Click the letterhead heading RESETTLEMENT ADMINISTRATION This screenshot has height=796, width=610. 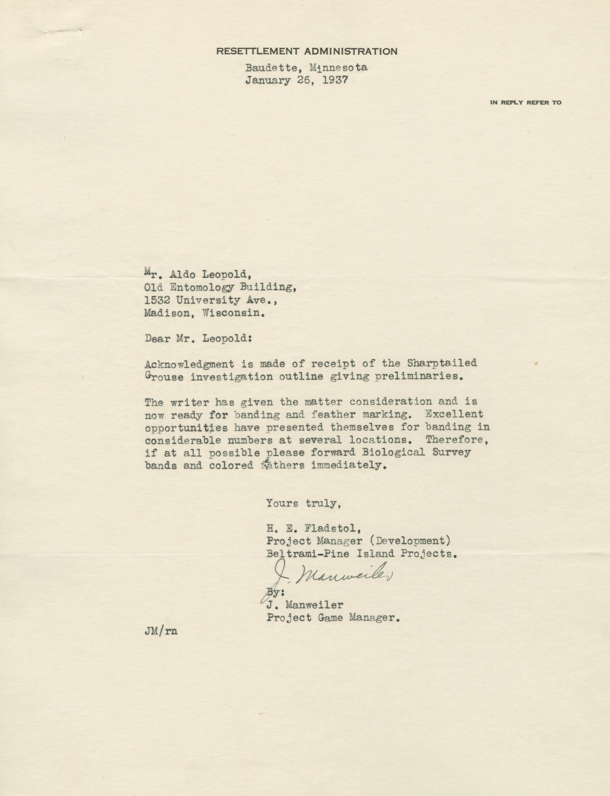click(307, 51)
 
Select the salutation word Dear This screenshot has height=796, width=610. click(157, 339)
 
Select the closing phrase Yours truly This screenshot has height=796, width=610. click(303, 503)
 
